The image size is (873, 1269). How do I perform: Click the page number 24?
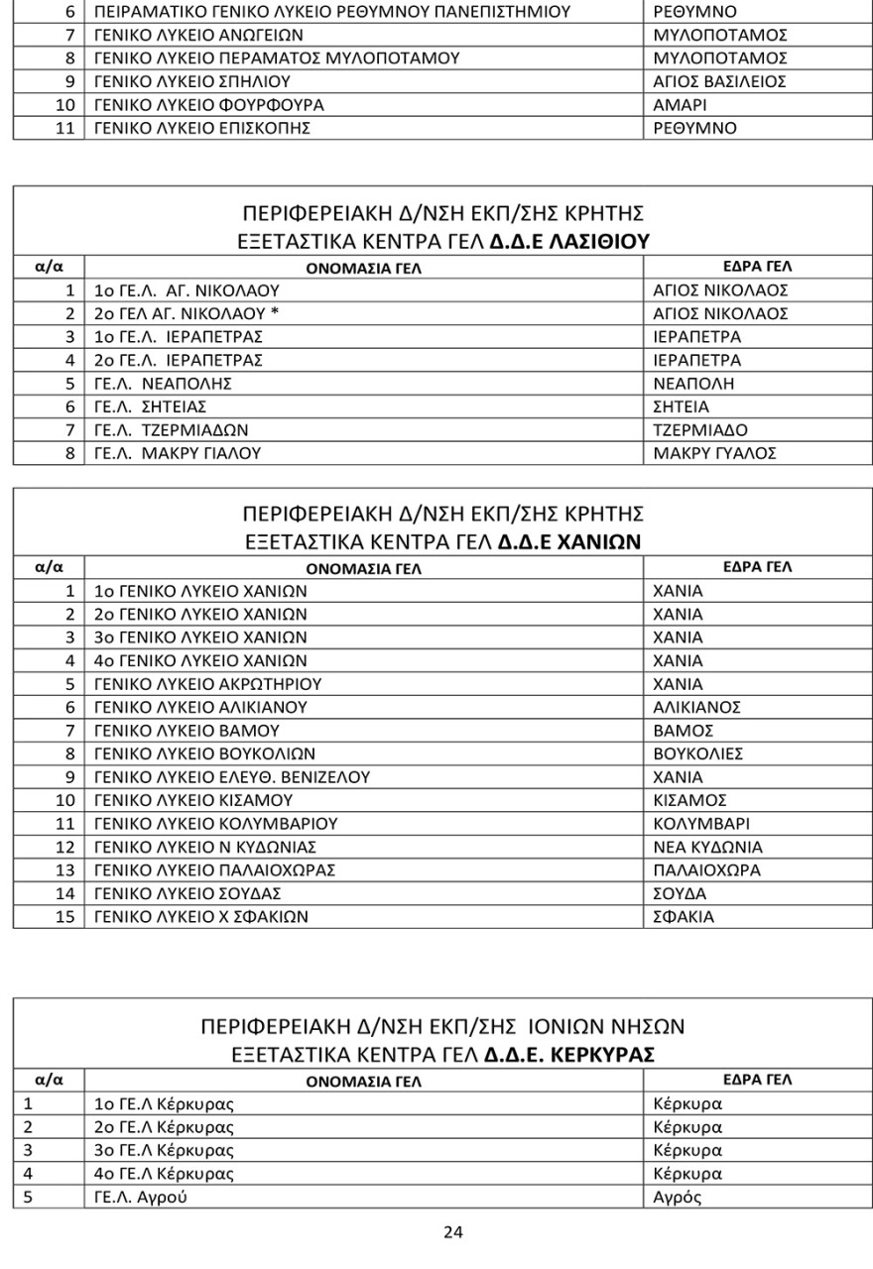point(452,1232)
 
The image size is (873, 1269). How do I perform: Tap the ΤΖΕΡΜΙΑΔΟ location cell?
point(699,430)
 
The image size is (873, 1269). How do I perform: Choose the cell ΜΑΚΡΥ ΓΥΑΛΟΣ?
point(713,454)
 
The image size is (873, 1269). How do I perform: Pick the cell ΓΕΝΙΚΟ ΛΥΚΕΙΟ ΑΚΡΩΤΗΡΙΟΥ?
point(207,684)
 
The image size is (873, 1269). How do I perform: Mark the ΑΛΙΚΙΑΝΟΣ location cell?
point(696,707)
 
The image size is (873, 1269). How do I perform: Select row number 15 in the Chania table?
point(65,917)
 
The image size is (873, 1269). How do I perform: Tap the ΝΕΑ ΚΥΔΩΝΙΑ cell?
point(708,847)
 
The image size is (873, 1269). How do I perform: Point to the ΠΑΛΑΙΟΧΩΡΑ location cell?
point(706,870)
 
